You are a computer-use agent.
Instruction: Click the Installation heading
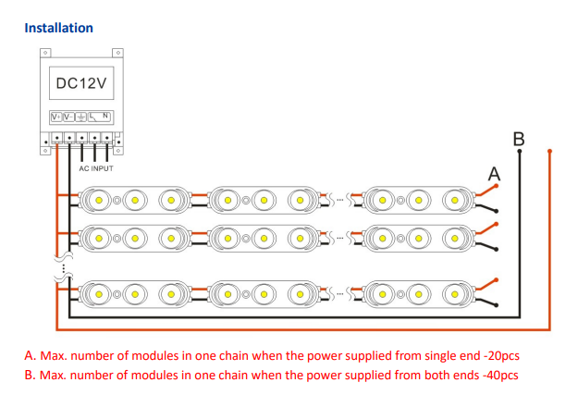[x=58, y=28]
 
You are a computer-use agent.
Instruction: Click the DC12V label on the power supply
[x=82, y=84]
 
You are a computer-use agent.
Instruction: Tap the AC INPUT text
[x=96, y=168]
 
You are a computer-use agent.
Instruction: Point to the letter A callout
[x=495, y=173]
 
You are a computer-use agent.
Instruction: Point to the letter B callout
[x=519, y=139]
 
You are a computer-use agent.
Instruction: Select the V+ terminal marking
[x=55, y=117]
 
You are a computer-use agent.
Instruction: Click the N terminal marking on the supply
[x=106, y=117]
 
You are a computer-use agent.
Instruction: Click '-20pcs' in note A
[x=514, y=355]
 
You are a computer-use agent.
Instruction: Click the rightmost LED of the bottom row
[x=452, y=294]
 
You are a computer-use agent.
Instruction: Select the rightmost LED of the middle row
[x=452, y=238]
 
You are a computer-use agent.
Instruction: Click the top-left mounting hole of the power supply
[x=43, y=53]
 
